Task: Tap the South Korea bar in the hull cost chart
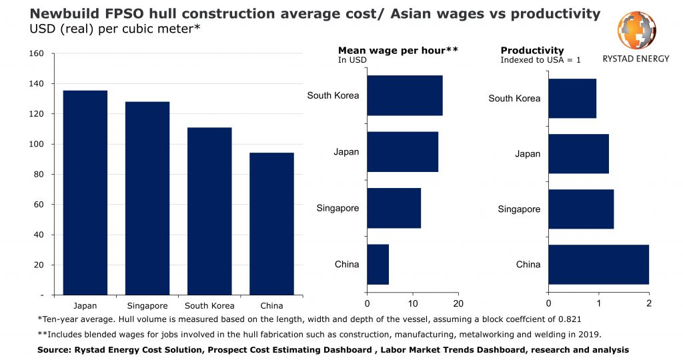point(209,211)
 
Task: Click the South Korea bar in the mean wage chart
point(404,95)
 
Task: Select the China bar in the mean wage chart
point(378,265)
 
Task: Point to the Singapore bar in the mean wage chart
point(394,208)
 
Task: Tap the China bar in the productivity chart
point(598,265)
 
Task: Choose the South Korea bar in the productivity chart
point(572,98)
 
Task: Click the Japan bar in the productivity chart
point(578,154)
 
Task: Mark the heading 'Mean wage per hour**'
point(398,51)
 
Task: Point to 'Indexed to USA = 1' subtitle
point(540,60)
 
